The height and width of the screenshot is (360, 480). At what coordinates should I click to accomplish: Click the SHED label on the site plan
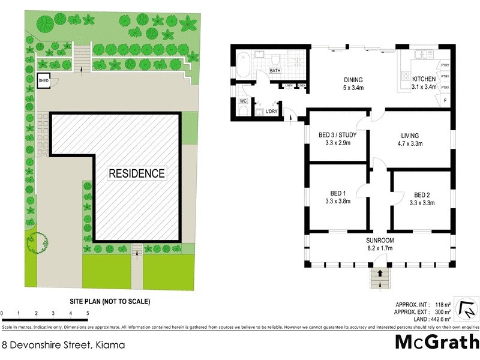pyautogui.click(x=43, y=80)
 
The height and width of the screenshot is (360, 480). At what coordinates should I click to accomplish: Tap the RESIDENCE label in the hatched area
pyautogui.click(x=136, y=173)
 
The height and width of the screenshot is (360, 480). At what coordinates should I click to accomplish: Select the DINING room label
pyautogui.click(x=353, y=80)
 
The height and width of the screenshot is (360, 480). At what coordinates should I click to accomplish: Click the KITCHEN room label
pyautogui.click(x=424, y=79)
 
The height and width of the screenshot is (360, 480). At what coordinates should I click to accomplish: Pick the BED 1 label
pyautogui.click(x=338, y=193)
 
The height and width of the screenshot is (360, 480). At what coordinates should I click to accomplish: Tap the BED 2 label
pyautogui.click(x=422, y=195)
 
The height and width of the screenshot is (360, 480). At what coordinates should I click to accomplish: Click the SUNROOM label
pyautogui.click(x=379, y=241)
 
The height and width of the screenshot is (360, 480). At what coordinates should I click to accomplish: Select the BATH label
pyautogui.click(x=275, y=71)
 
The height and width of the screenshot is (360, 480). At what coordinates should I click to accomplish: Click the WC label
pyautogui.click(x=244, y=101)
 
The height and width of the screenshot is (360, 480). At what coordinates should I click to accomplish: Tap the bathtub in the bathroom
pyautogui.click(x=243, y=65)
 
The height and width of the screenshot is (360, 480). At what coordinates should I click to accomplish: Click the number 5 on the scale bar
pyautogui.click(x=88, y=313)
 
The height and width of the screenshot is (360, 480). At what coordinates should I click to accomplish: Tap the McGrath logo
pyautogui.click(x=437, y=343)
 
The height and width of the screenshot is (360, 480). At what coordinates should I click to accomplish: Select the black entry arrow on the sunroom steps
pyautogui.click(x=379, y=273)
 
